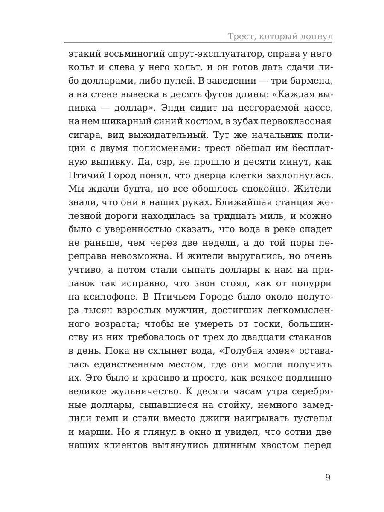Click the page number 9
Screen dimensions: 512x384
pos(328,477)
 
